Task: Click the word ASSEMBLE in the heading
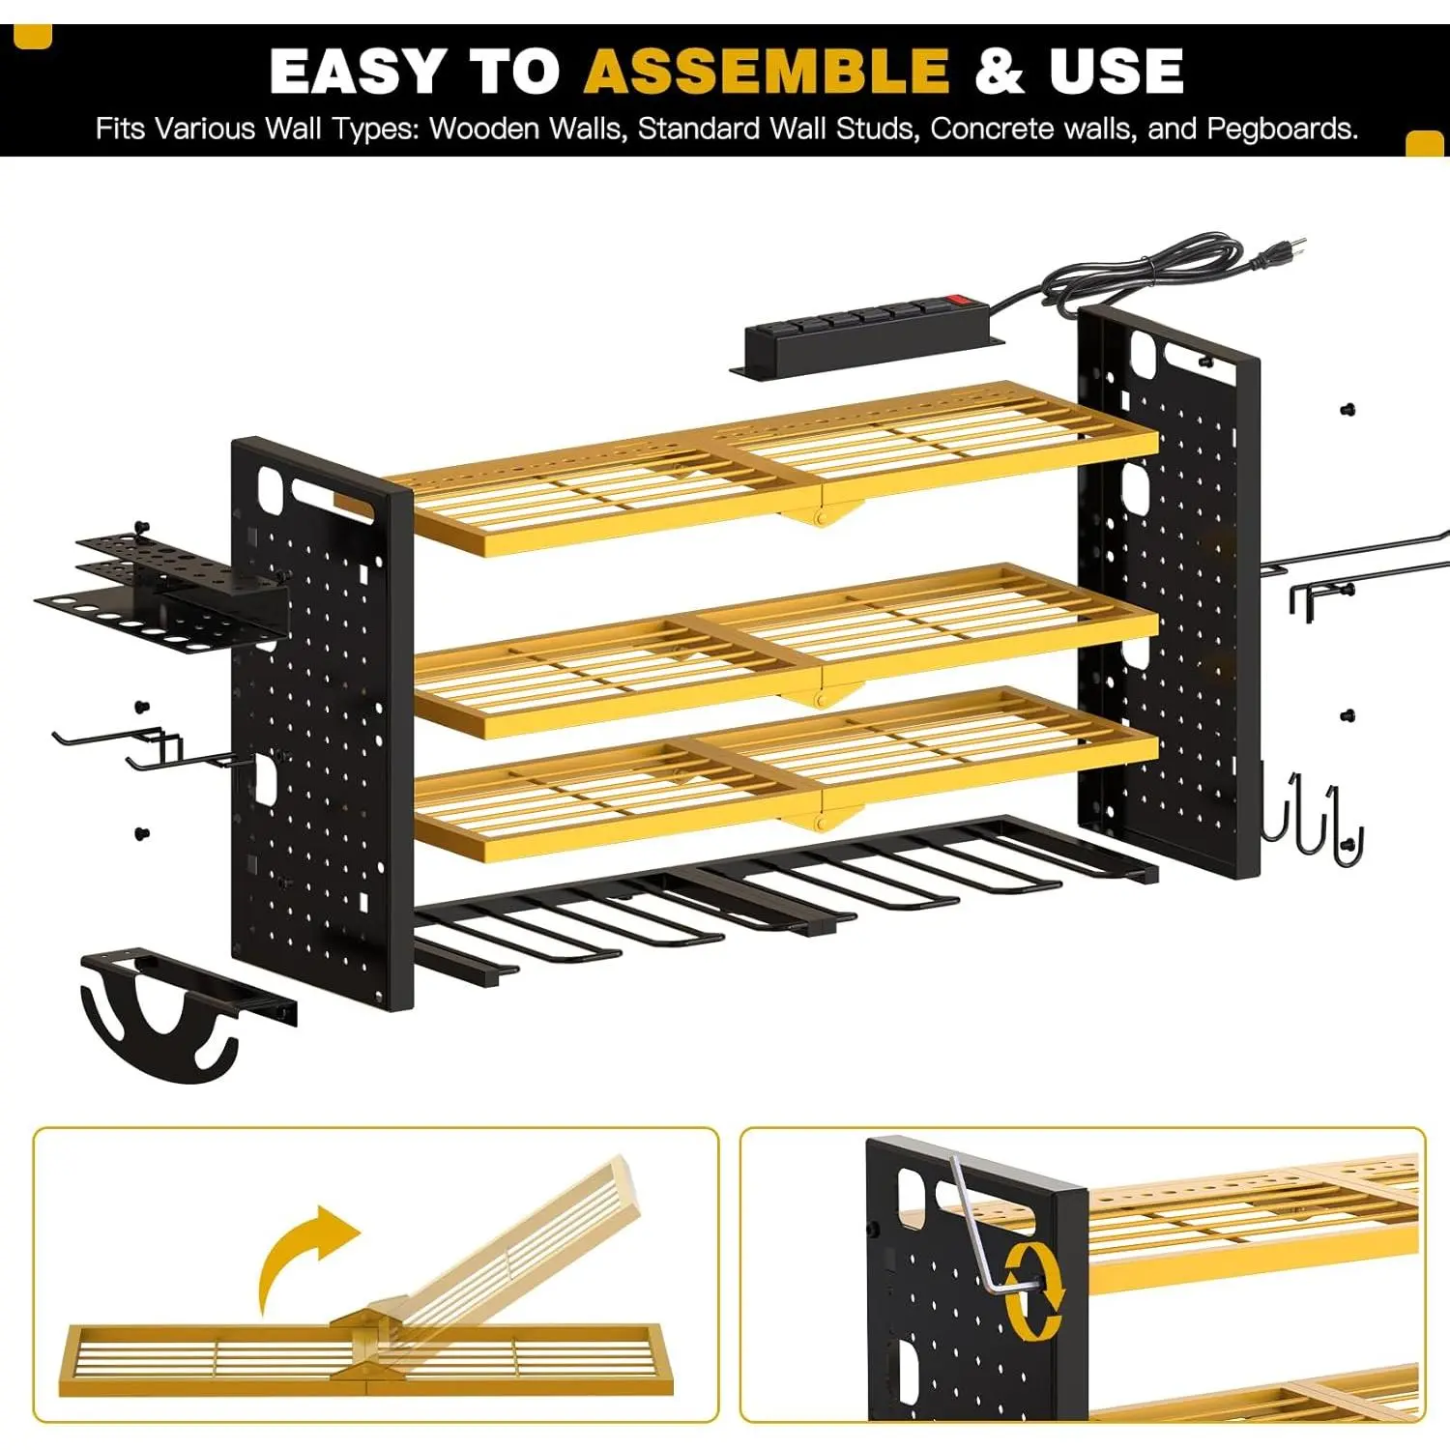click(768, 71)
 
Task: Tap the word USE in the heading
click(1116, 71)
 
